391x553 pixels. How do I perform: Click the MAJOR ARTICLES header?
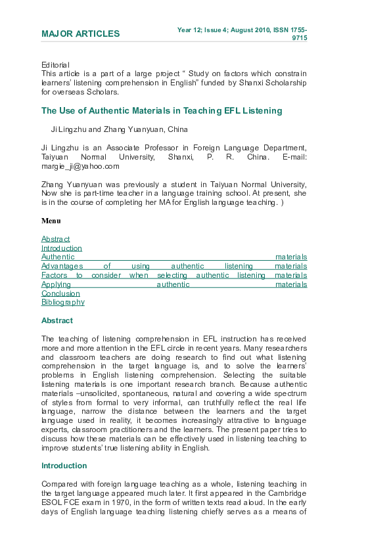click(x=80, y=34)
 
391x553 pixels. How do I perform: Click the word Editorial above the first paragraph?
click(x=55, y=65)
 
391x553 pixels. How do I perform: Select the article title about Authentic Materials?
click(x=162, y=111)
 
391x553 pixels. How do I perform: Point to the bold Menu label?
click(x=51, y=221)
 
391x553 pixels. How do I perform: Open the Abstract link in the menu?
click(x=55, y=239)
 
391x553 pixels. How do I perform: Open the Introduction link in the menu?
click(x=62, y=248)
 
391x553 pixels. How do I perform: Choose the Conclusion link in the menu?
click(x=60, y=294)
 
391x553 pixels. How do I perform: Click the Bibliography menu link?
click(x=63, y=303)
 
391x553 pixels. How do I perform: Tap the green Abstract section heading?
click(x=57, y=321)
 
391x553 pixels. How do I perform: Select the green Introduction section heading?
click(x=64, y=466)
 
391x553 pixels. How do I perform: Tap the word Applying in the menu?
click(x=56, y=284)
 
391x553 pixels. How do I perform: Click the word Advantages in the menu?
click(x=62, y=266)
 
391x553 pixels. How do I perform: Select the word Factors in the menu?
click(x=54, y=275)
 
